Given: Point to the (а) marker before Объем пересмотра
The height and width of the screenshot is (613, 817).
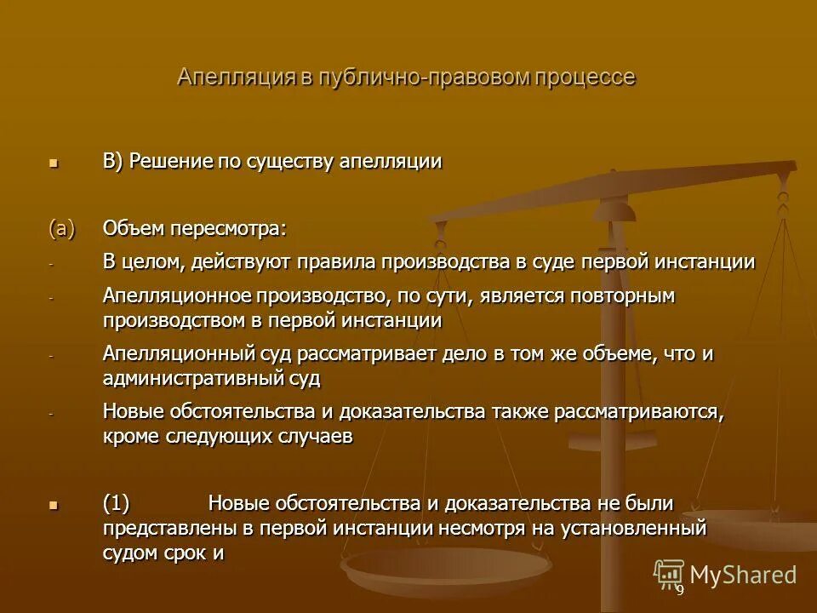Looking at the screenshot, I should pos(61,229).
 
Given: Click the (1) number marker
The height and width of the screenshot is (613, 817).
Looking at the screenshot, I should pos(116,504).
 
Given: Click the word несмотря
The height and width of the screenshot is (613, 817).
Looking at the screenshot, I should pos(481,528).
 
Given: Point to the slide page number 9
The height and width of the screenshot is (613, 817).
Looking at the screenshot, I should pos(679,590).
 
